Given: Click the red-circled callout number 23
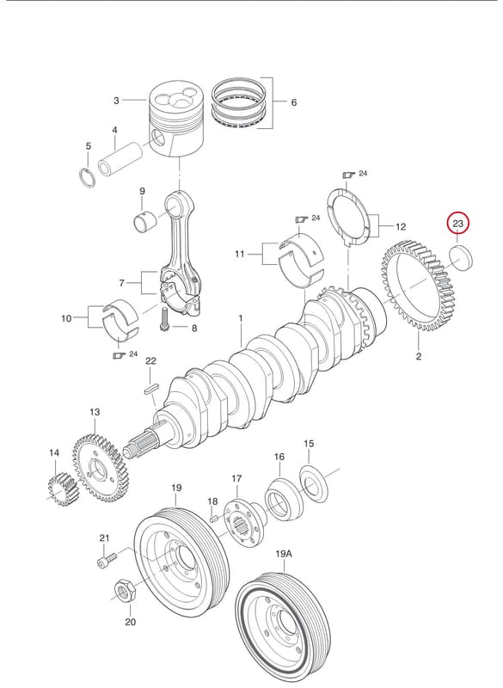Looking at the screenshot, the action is [x=457, y=224].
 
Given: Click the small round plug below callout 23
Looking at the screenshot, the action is [x=462, y=259].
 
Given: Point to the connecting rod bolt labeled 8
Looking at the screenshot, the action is [x=165, y=320].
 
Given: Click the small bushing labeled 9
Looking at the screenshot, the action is [x=145, y=221].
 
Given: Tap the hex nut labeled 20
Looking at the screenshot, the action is [x=125, y=593].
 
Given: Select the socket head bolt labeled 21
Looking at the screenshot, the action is [x=107, y=560].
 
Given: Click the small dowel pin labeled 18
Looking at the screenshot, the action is [x=214, y=519].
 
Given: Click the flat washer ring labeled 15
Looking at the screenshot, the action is [x=314, y=485].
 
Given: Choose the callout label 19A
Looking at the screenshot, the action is [x=284, y=554].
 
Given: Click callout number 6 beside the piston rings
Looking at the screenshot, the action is [x=294, y=102].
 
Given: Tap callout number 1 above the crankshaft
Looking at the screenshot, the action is [x=240, y=317].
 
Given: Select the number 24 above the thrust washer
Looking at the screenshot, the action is [x=363, y=174].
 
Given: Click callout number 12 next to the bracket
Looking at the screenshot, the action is [x=401, y=227].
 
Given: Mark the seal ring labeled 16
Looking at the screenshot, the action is [x=284, y=499].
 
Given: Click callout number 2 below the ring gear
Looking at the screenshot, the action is [x=419, y=356].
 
